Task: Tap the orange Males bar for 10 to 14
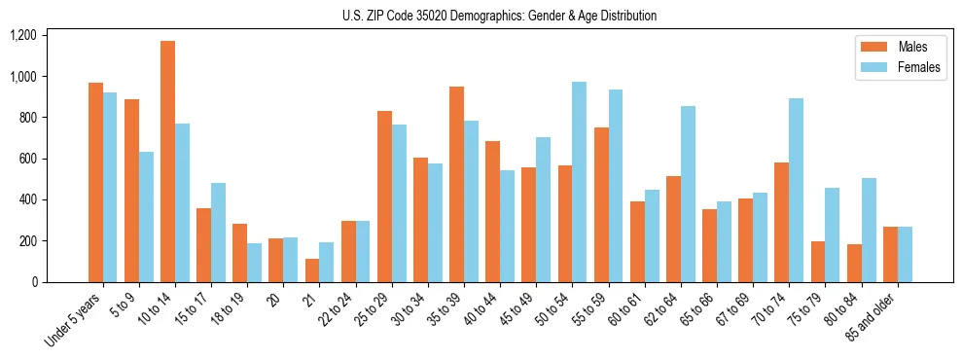coord(167,162)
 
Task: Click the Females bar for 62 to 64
coord(687,195)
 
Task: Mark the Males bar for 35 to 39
coord(456,185)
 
